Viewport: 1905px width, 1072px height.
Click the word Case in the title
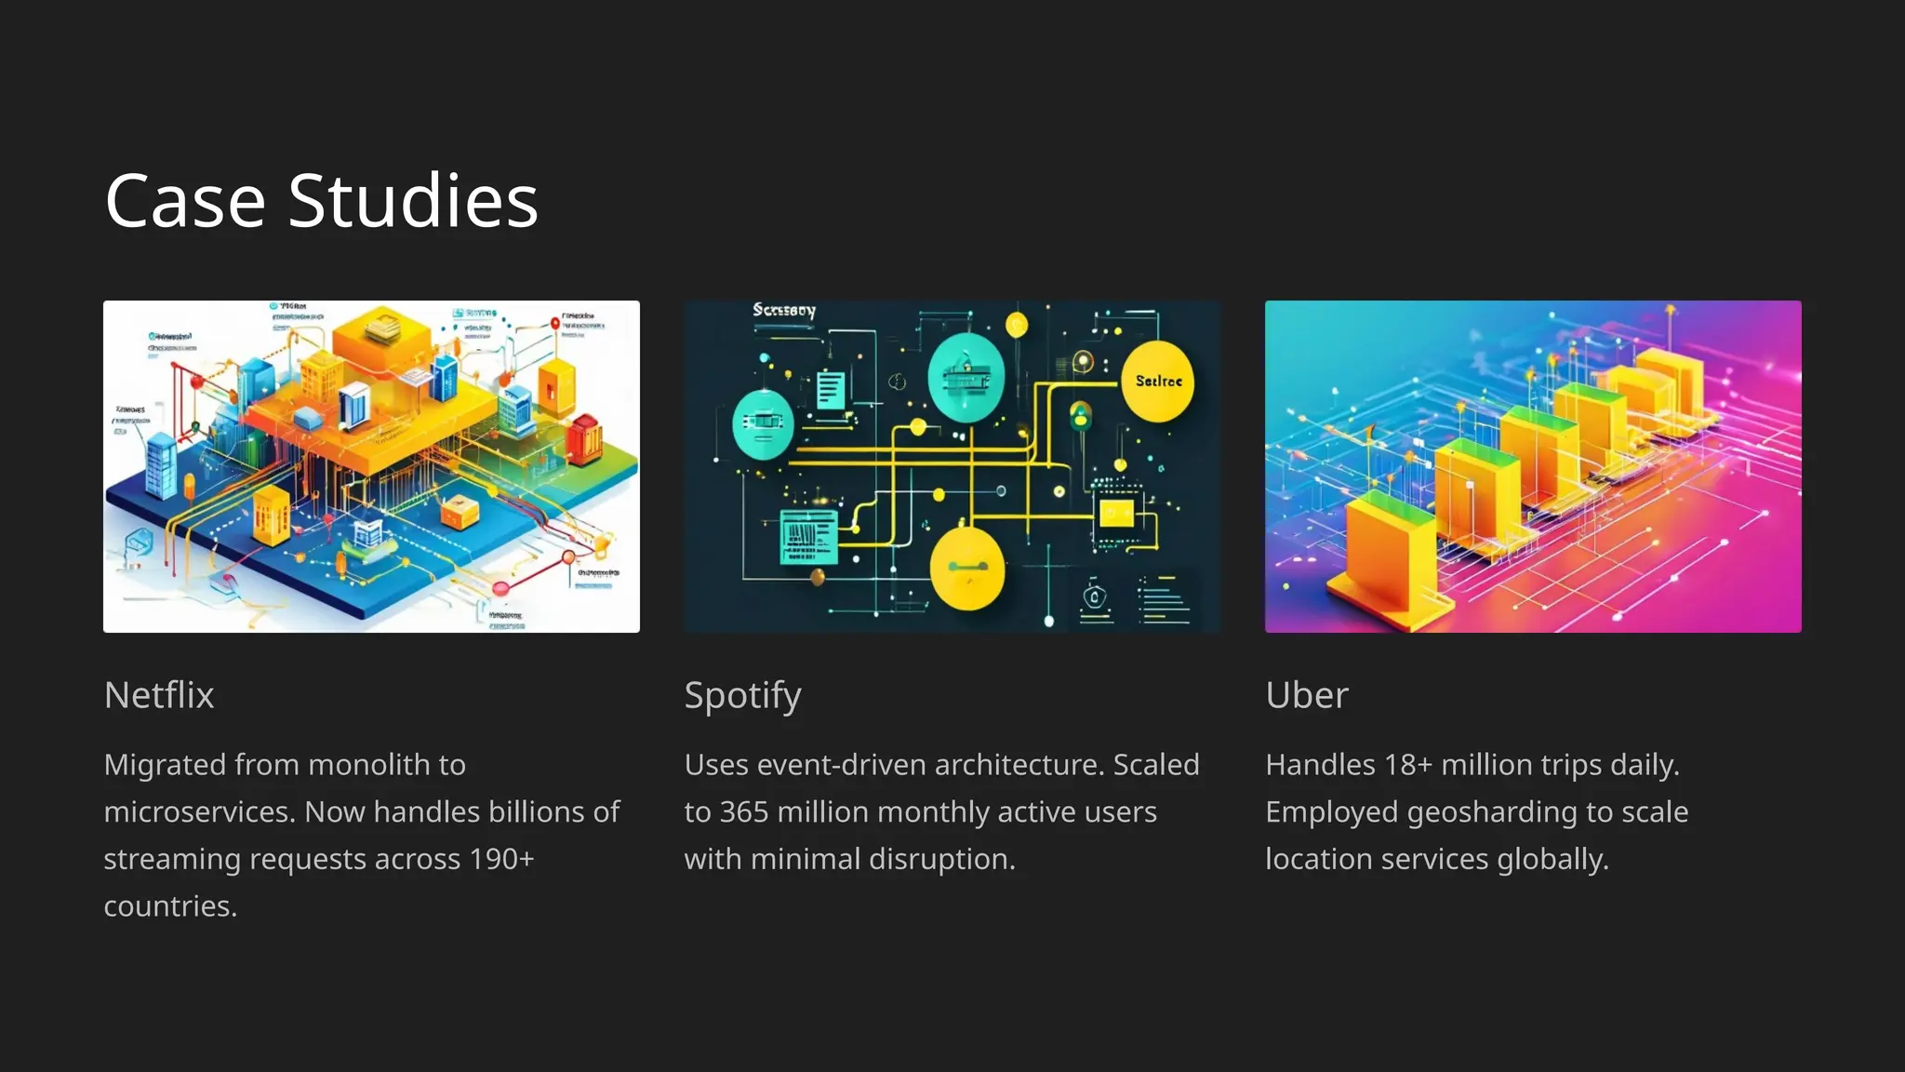click(185, 201)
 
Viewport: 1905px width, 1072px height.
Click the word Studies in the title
click(413, 201)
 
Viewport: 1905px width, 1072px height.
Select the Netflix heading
click(159, 695)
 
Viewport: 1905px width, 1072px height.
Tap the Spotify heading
click(742, 696)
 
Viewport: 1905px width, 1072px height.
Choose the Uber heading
click(1306, 695)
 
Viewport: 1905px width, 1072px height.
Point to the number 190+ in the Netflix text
click(501, 859)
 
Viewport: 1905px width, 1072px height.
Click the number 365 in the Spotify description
click(743, 812)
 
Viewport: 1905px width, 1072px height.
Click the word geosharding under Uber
click(1492, 812)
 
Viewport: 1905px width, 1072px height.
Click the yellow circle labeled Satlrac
click(1158, 381)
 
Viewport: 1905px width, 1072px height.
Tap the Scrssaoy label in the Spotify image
click(783, 310)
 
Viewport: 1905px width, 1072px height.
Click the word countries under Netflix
click(170, 906)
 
